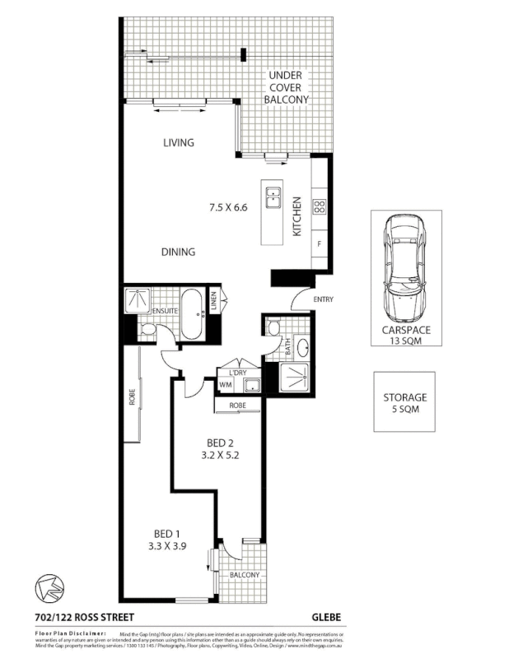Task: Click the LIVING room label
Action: click(178, 142)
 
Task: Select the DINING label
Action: click(178, 252)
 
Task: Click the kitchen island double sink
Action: click(273, 197)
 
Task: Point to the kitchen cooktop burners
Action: click(320, 208)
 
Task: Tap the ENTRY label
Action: click(323, 299)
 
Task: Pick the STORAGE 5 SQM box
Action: click(405, 402)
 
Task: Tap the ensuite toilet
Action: click(147, 331)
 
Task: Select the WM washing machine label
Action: click(225, 384)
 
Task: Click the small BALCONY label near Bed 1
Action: click(244, 575)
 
